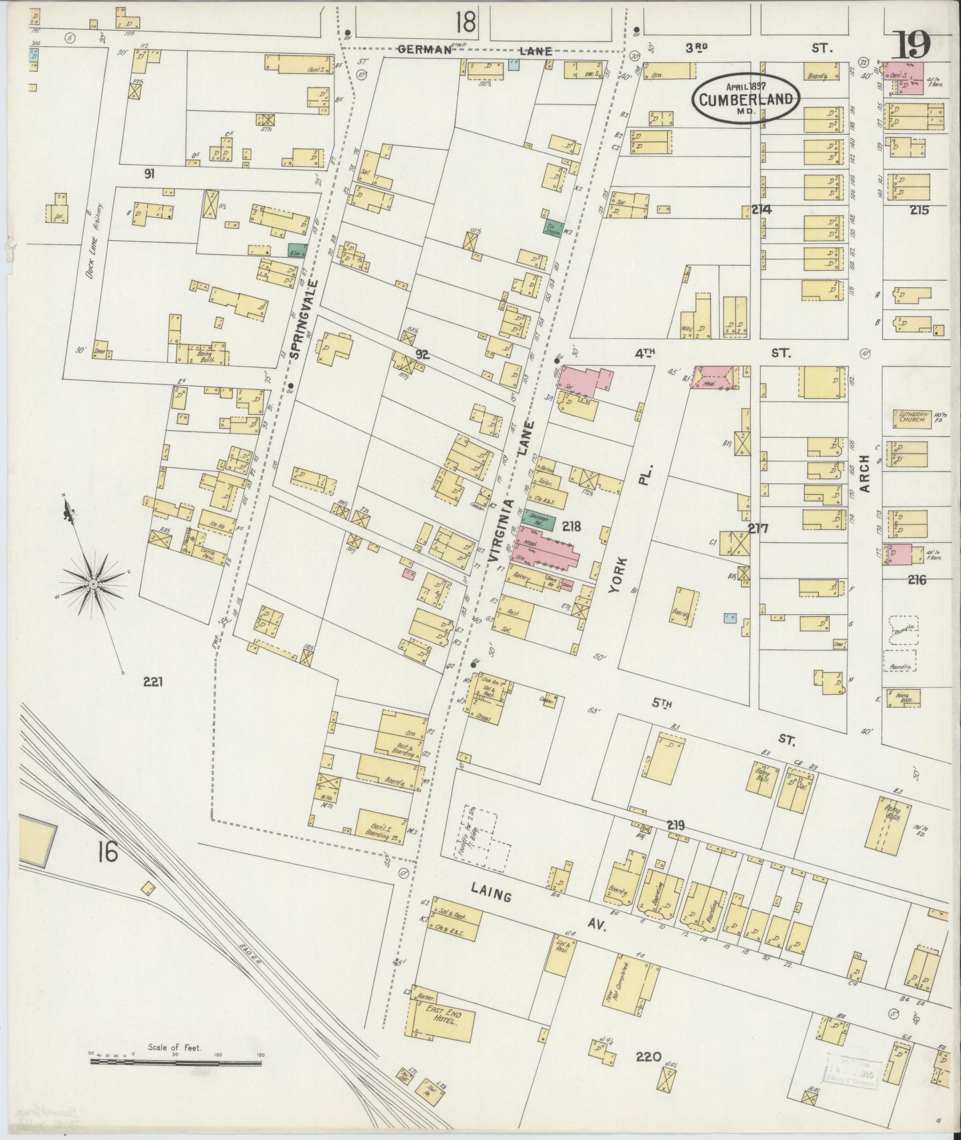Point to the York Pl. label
point(630,536)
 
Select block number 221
point(153,682)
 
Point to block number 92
point(422,355)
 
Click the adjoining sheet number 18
point(466,23)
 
